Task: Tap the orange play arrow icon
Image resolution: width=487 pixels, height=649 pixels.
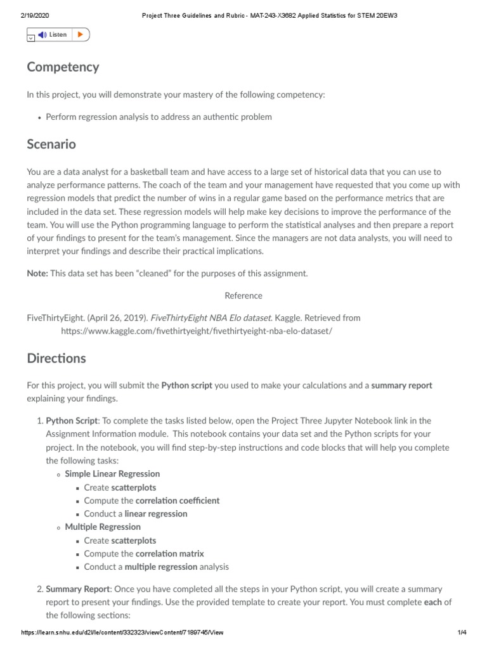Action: tap(80, 35)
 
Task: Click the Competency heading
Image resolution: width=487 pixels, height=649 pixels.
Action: tap(63, 67)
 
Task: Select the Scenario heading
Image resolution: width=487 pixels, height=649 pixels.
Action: tap(51, 144)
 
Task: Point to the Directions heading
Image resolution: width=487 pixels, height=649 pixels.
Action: tap(56, 358)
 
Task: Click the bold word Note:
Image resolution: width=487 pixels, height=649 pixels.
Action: tap(37, 273)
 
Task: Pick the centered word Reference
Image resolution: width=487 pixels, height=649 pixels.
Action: tap(243, 295)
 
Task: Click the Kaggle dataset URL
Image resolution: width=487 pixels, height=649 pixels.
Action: tap(197, 331)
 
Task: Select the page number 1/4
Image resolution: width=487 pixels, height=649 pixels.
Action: tap(461, 633)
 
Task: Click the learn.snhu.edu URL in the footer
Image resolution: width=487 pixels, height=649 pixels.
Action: tap(122, 633)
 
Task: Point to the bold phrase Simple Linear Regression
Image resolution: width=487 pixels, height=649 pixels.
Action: tap(112, 473)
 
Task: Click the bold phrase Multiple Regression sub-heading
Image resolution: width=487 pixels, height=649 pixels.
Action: tap(103, 527)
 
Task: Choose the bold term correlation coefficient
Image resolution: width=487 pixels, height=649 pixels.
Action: tap(178, 500)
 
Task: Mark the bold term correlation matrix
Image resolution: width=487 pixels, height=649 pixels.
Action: tap(170, 553)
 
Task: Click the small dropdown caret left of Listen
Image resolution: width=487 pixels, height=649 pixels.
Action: tap(30, 38)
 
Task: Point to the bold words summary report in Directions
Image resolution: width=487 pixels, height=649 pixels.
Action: tap(401, 385)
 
